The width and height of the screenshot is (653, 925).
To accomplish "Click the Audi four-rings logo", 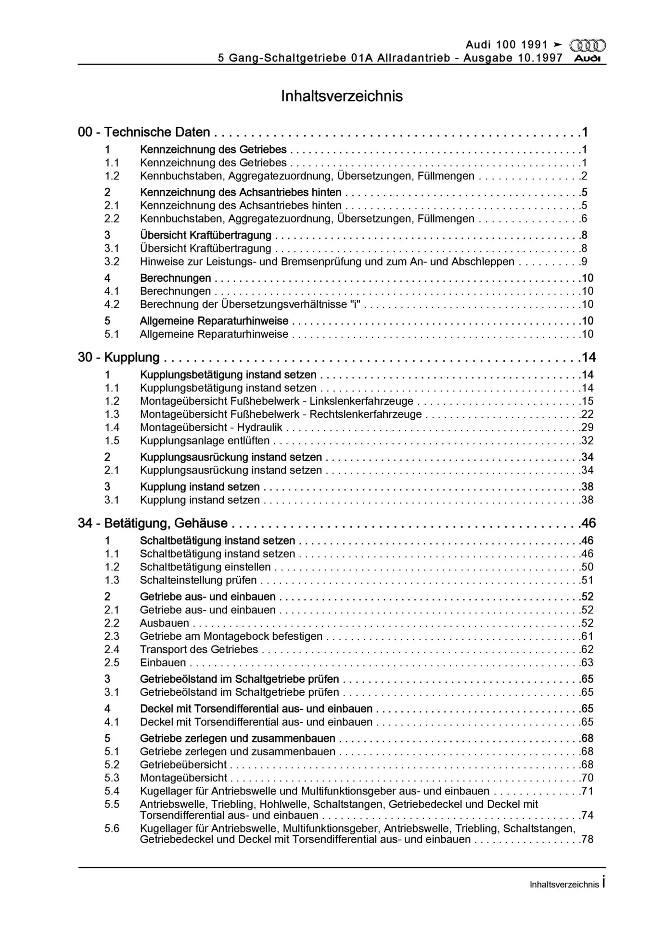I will pyautogui.click(x=588, y=46).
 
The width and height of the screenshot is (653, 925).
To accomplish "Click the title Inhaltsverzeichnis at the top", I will pyautogui.click(x=342, y=96).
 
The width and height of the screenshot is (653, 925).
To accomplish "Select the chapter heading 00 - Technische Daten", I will pyautogui.click(x=144, y=132).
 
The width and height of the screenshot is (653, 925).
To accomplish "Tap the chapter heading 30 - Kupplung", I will pyautogui.click(x=119, y=357).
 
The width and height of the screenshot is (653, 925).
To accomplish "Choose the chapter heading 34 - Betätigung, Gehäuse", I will pyautogui.click(x=153, y=523).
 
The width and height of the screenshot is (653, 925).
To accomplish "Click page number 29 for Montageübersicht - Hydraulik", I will pyautogui.click(x=587, y=427).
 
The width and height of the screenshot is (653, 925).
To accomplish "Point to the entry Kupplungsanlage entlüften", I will pyautogui.click(x=205, y=440).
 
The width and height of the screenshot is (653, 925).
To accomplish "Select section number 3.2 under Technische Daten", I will pyautogui.click(x=112, y=262).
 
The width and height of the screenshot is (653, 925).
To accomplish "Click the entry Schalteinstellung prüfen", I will pyautogui.click(x=198, y=580).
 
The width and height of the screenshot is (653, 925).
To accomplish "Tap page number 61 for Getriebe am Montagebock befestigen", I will pyautogui.click(x=587, y=636).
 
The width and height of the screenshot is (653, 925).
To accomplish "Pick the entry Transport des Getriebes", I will pyautogui.click(x=199, y=649).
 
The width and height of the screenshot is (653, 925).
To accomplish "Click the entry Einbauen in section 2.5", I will pyautogui.click(x=163, y=662).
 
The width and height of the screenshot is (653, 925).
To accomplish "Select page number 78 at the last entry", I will pyautogui.click(x=587, y=839).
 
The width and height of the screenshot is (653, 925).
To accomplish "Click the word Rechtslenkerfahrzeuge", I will pyautogui.click(x=366, y=414).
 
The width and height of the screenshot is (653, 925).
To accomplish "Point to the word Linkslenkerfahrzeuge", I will pyautogui.click(x=361, y=401).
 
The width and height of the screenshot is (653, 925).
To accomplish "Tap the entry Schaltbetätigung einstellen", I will pyautogui.click(x=205, y=567).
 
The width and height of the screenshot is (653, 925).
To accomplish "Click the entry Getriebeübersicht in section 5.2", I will pyautogui.click(x=183, y=765).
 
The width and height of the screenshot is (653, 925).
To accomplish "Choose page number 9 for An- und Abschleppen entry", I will pyautogui.click(x=584, y=262).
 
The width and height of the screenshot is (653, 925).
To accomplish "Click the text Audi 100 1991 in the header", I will pyautogui.click(x=507, y=45).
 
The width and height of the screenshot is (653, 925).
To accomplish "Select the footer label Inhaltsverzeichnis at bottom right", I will pyautogui.click(x=564, y=885).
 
